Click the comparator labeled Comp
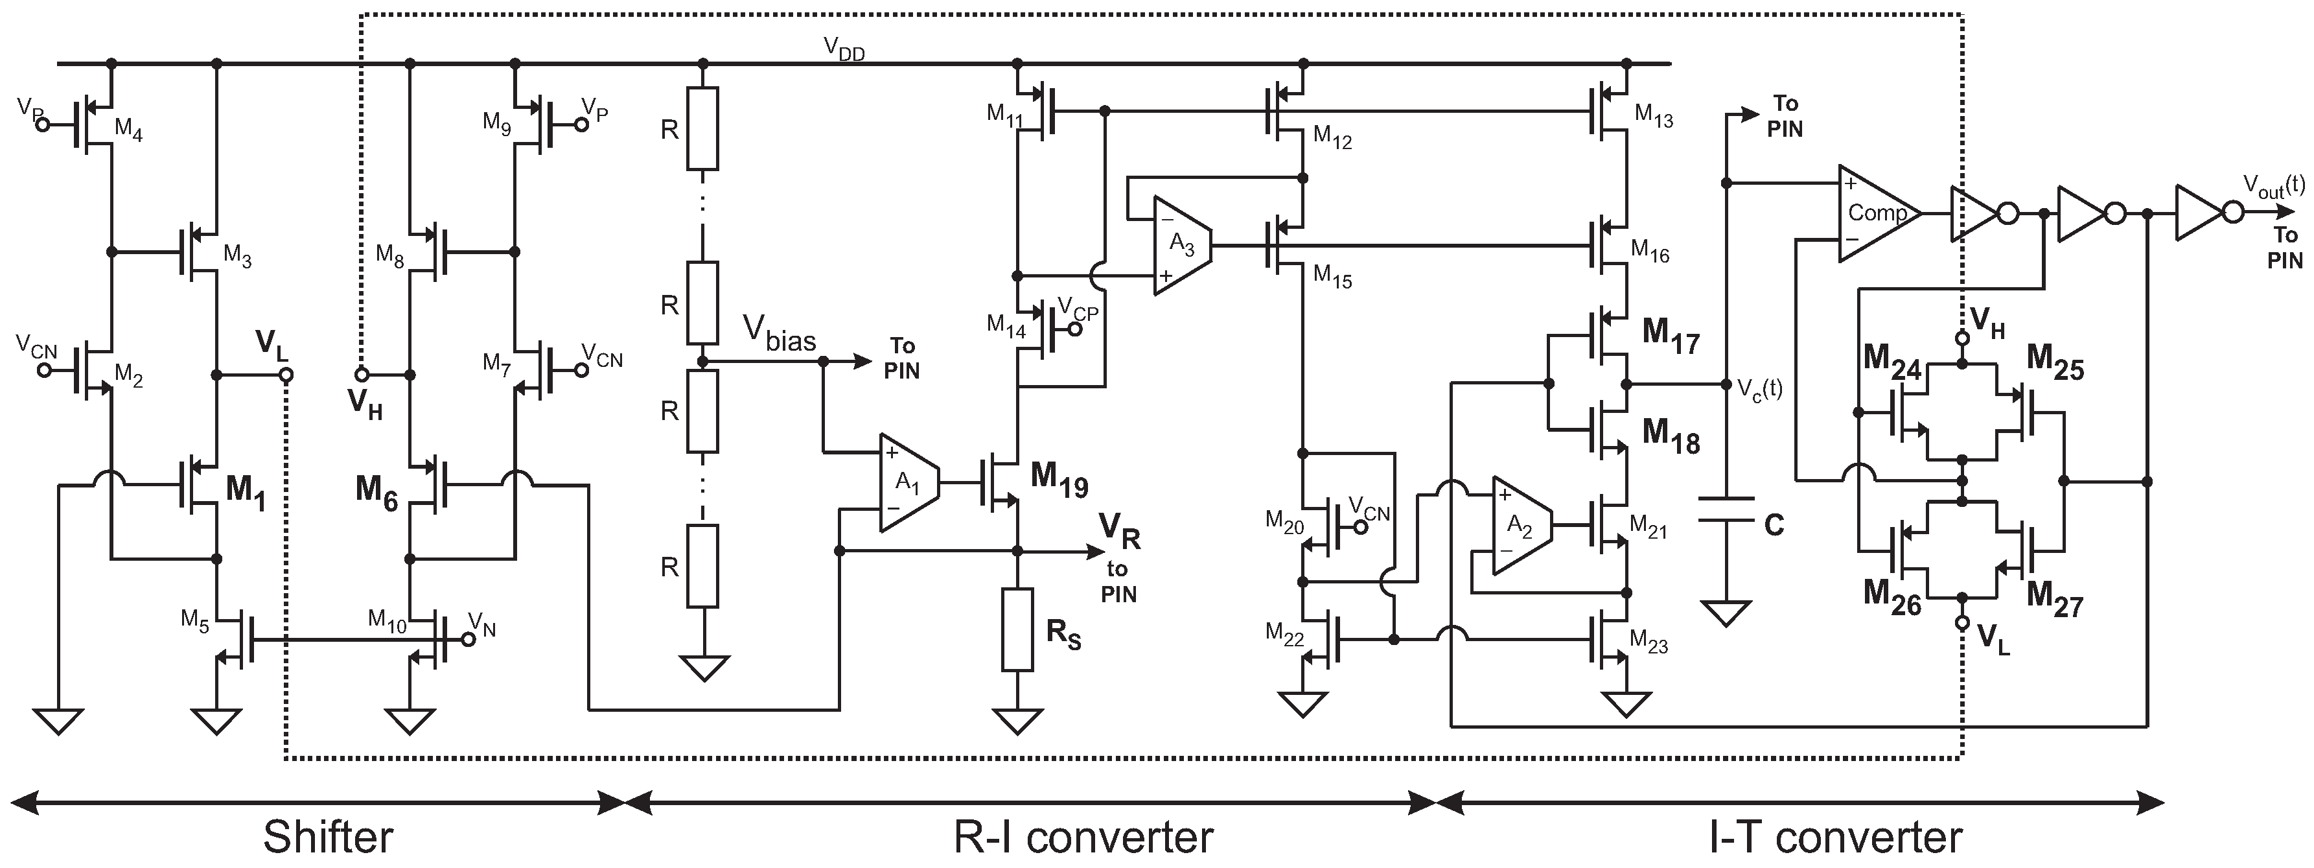click(1876, 214)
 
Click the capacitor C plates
click(1726, 509)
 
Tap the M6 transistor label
click(376, 493)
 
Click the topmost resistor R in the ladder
click(702, 128)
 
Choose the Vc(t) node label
click(1759, 388)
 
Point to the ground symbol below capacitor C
click(1726, 614)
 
